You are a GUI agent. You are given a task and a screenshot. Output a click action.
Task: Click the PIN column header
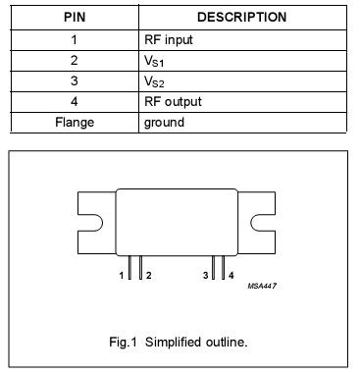(x=75, y=17)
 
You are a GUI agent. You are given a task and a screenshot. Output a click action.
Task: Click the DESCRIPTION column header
(x=241, y=17)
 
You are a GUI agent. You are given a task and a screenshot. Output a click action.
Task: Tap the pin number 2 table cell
(x=75, y=62)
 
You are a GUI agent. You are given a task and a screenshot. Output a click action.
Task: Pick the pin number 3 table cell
(x=75, y=81)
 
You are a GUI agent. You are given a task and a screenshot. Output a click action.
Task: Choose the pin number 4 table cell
(x=75, y=101)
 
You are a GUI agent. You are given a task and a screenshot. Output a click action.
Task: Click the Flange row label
(x=75, y=122)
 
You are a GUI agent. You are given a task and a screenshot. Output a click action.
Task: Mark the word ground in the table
(x=164, y=122)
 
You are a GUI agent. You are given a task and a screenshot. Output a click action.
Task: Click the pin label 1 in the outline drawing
(x=122, y=277)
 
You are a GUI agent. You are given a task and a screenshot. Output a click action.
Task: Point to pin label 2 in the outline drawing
(x=148, y=277)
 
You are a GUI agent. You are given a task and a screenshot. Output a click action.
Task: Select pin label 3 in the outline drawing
(x=205, y=277)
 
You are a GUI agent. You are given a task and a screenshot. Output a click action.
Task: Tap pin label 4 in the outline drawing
(x=231, y=277)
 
